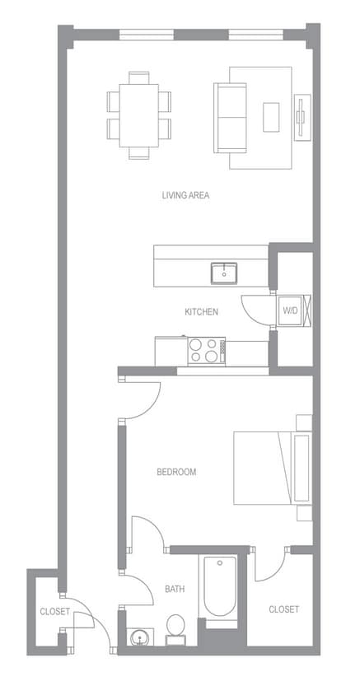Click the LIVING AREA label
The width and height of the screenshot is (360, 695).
[x=185, y=195]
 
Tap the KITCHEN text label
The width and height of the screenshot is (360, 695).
[x=201, y=312]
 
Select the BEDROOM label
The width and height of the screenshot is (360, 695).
[x=176, y=472]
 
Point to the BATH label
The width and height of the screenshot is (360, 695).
[x=175, y=589]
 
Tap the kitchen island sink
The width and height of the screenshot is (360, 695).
[x=222, y=273]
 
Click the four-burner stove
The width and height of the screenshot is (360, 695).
[x=207, y=351]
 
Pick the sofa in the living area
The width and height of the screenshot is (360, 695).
[x=231, y=117]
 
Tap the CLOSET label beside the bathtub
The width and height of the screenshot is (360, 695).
[x=284, y=609]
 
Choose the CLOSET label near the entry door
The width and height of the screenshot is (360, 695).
[x=54, y=611]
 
